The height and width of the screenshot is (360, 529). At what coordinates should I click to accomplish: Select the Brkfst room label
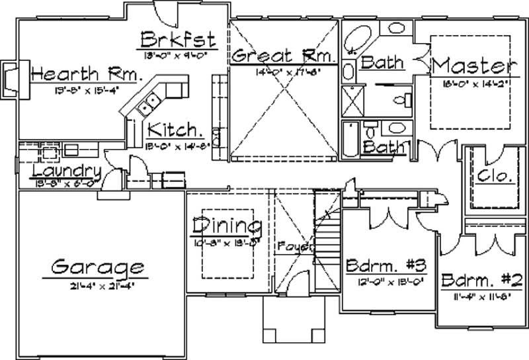click(177, 38)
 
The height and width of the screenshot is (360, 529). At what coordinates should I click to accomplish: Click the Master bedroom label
click(472, 66)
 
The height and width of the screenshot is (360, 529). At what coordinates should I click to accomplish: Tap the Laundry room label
click(58, 171)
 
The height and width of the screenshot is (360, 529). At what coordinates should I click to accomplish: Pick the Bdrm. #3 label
click(385, 266)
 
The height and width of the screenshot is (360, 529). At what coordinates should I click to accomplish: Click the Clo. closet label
click(493, 177)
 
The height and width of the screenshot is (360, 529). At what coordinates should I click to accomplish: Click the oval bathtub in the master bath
click(361, 38)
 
